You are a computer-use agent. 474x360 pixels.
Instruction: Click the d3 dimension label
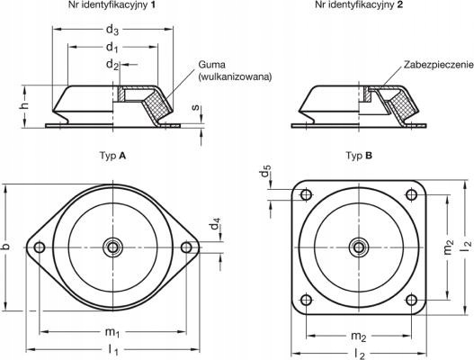112,30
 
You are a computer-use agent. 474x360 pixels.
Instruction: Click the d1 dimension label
112,48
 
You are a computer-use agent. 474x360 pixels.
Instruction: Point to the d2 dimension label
112,65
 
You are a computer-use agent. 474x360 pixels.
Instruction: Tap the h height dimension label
25,104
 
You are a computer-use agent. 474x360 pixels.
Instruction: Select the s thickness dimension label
196,107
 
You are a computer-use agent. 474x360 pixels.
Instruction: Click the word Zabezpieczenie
439,65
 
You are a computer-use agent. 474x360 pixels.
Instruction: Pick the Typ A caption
112,156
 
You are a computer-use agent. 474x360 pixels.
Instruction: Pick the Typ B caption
359,156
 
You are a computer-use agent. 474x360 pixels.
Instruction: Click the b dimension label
6,247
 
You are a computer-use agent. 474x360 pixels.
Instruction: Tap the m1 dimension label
112,332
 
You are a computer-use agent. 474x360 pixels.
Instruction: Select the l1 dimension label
113,350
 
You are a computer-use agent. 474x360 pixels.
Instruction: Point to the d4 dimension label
216,223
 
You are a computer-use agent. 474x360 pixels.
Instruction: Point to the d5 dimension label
265,171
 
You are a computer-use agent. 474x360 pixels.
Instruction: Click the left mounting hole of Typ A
40,247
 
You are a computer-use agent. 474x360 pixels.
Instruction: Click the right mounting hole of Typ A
186,247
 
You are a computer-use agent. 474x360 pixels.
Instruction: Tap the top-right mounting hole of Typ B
411,194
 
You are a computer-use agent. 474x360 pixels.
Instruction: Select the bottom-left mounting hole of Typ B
307,300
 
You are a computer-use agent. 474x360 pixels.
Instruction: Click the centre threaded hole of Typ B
359,247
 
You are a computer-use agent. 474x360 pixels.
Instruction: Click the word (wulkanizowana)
235,76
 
